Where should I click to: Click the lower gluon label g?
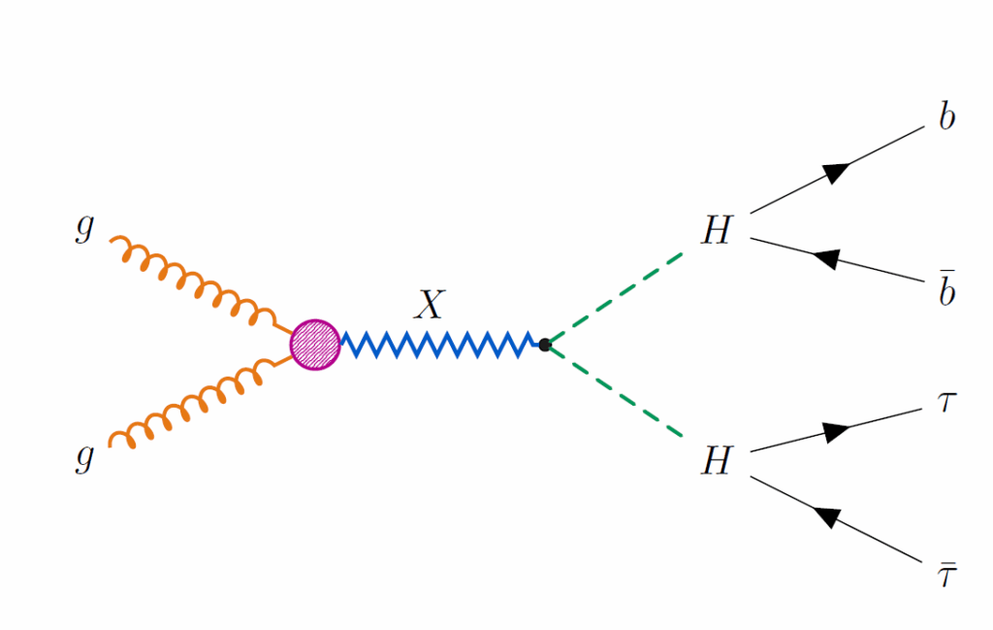pyautogui.click(x=85, y=456)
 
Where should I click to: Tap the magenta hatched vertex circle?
pyautogui.click(x=315, y=345)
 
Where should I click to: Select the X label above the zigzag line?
pyautogui.click(x=428, y=306)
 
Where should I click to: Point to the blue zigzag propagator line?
pyautogui.click(x=436, y=345)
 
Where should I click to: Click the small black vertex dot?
pyautogui.click(x=545, y=345)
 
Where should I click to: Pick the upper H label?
pyautogui.click(x=716, y=231)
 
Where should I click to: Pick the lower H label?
pyautogui.click(x=716, y=461)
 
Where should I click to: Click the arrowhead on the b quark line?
pyautogui.click(x=836, y=172)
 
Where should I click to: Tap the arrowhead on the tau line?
pyautogui.click(x=836, y=431)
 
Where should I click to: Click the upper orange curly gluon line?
pyautogui.click(x=194, y=282)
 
